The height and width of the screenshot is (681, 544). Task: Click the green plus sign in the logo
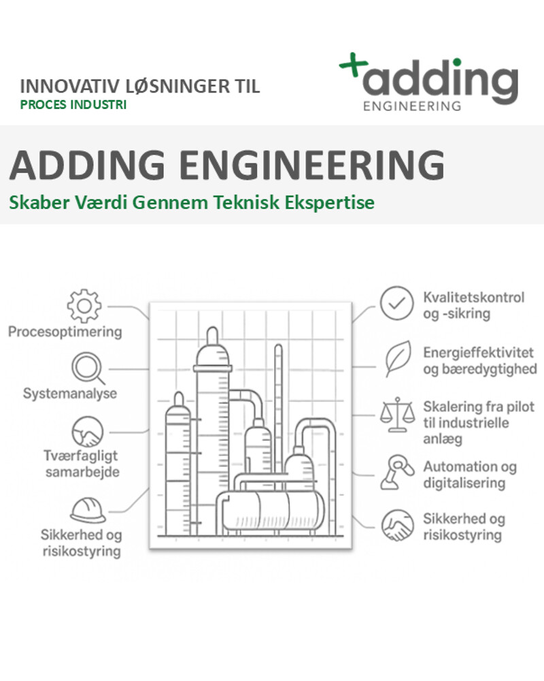[x=353, y=65]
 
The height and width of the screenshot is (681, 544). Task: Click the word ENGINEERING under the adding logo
[x=412, y=106]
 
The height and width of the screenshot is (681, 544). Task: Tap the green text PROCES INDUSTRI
[x=73, y=105]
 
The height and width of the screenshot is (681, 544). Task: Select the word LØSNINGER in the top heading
[x=178, y=86]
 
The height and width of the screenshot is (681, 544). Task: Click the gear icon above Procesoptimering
[x=84, y=306]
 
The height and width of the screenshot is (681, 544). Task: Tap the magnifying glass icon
[x=88, y=368]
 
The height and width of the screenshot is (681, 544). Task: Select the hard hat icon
[x=88, y=510]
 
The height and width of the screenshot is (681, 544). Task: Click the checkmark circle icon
[x=396, y=303]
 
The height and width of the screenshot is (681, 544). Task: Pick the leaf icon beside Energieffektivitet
[x=398, y=359]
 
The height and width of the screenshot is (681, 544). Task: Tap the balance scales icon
[x=397, y=414]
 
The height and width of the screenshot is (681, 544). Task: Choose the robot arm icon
[x=397, y=472]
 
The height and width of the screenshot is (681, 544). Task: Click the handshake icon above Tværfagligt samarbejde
[x=88, y=432]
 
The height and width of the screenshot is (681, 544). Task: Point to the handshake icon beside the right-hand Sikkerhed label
[x=397, y=526]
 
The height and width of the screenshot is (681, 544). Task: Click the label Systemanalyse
[x=70, y=394]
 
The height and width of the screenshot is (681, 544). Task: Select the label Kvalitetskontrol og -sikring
[x=474, y=305]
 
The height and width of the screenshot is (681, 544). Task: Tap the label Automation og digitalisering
[x=470, y=475]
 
